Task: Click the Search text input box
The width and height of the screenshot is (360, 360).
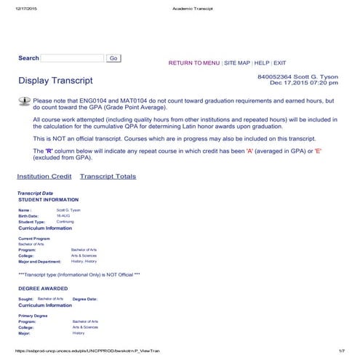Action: pos(73,58)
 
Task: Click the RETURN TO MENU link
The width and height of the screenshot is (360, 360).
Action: pos(194,63)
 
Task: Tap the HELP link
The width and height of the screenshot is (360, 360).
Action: pos(262,63)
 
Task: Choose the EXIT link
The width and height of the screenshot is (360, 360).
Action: pos(280,63)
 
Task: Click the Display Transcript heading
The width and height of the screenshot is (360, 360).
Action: pos(55,80)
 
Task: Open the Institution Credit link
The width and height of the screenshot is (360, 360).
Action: pos(44,176)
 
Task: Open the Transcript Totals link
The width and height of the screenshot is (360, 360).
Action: pos(108,176)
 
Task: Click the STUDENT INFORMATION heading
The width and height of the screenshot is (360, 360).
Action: pos(48,199)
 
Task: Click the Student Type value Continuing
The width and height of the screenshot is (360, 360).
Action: pos(66,222)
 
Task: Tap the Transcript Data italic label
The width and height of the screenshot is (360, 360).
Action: pos(35,193)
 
